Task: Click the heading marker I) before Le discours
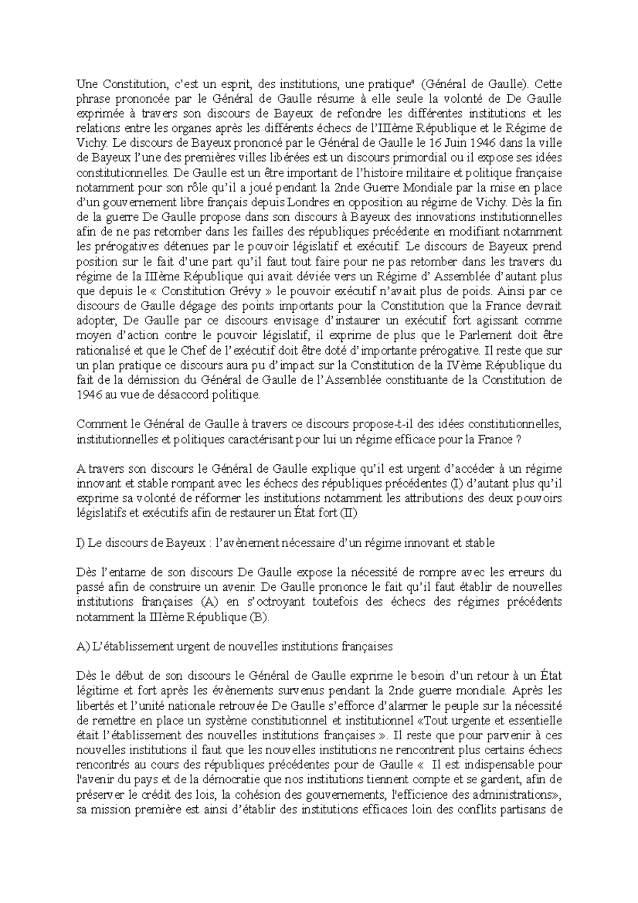point(81,543)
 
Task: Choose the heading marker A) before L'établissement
point(82,647)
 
